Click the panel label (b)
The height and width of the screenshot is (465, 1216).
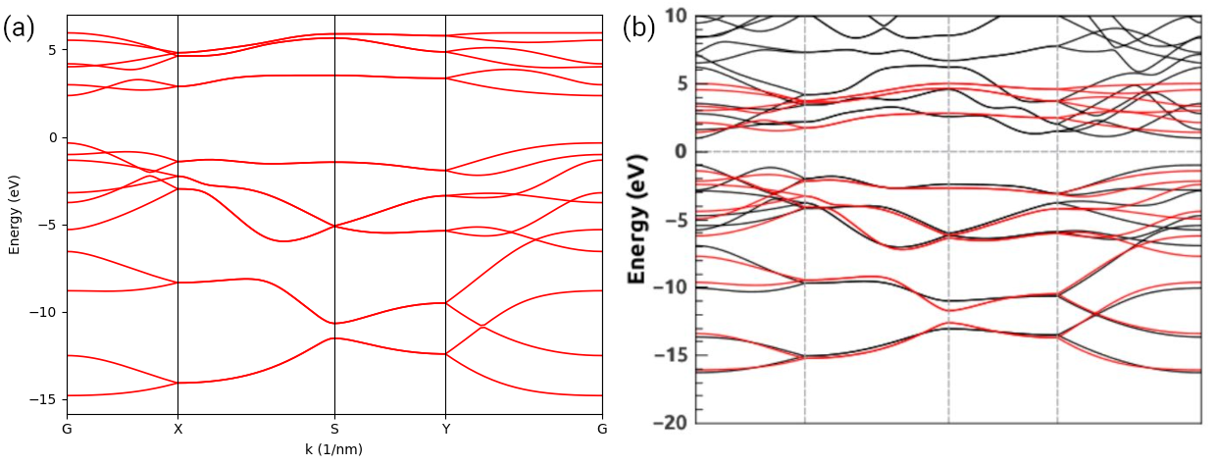pos(640,27)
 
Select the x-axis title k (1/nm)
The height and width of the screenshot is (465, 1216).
pos(334,449)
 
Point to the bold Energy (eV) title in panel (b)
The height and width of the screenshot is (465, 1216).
pos(638,218)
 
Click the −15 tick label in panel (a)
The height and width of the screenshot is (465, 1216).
pos(45,399)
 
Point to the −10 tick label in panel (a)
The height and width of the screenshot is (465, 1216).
pos(45,312)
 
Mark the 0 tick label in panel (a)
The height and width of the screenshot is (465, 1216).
pos(55,137)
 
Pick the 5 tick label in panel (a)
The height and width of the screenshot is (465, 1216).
pos(55,50)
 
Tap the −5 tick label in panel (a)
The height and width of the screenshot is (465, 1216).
pos(49,225)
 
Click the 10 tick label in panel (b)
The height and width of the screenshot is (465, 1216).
pos(676,15)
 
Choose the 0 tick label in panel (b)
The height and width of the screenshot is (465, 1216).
pos(681,151)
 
